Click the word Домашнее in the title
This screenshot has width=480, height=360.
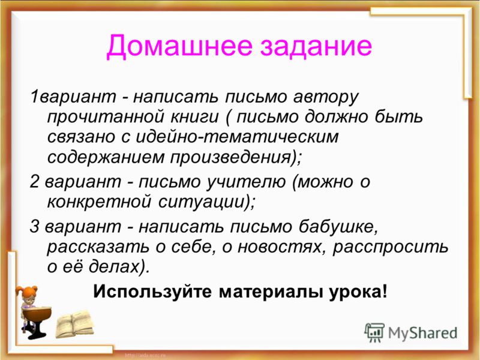[179, 46]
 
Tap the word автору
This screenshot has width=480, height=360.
[326, 97]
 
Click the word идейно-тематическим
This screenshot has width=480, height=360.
[237, 137]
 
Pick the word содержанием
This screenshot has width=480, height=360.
[106, 157]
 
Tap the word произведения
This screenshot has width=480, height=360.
[230, 157]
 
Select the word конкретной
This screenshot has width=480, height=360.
[100, 202]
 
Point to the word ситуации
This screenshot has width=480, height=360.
[202, 202]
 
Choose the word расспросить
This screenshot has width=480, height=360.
[391, 247]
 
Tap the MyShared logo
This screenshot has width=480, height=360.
[411, 332]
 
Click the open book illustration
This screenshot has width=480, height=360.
[74, 324]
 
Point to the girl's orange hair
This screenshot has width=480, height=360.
[27, 292]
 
